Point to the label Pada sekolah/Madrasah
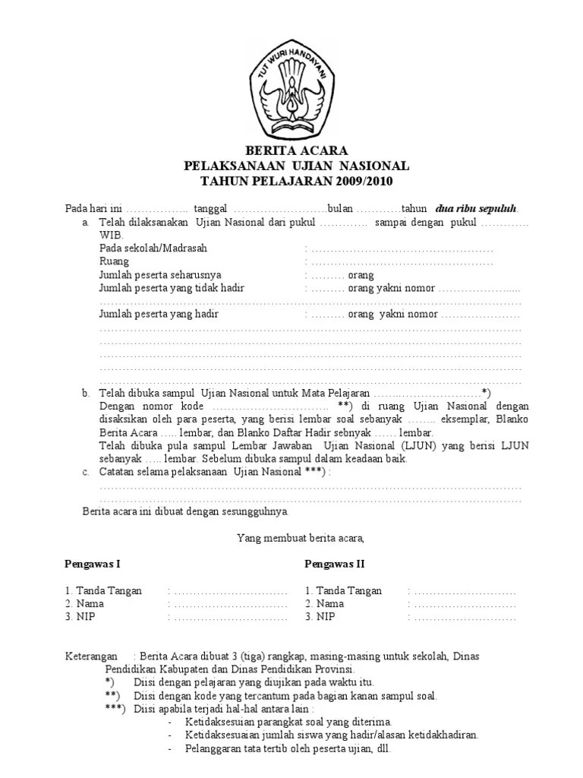153,248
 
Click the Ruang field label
114,261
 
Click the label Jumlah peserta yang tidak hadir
172,288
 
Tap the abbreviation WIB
110,236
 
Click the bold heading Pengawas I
93,564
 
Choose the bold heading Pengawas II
335,564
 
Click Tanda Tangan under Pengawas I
109,591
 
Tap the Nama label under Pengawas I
90,604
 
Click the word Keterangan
91,656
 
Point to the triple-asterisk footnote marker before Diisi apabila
116,708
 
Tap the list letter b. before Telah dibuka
86,393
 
